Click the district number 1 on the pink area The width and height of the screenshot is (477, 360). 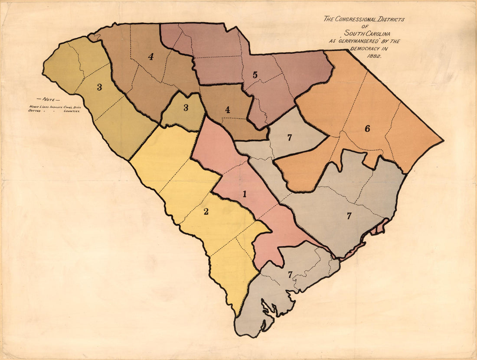click(x=245, y=194)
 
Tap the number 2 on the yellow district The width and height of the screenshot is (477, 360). click(x=206, y=211)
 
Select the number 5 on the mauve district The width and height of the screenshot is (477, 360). click(x=255, y=75)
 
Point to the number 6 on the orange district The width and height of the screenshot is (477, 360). click(x=367, y=128)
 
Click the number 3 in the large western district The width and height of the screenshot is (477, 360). click(x=99, y=87)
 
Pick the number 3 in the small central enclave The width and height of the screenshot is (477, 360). click(x=186, y=108)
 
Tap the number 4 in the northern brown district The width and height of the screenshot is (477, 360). click(x=150, y=56)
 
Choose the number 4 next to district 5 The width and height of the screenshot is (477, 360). click(x=227, y=110)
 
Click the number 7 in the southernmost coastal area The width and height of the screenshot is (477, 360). click(x=289, y=274)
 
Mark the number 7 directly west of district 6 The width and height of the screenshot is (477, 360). click(x=289, y=138)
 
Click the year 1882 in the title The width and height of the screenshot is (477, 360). click(x=372, y=56)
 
